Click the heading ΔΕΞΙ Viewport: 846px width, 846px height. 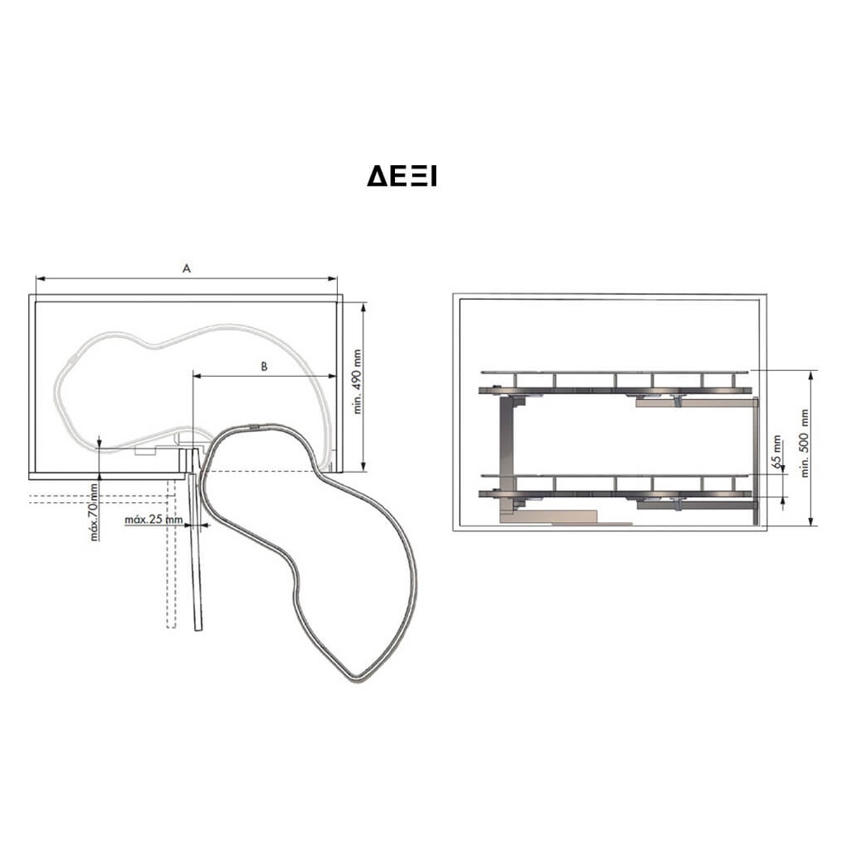pyautogui.click(x=402, y=177)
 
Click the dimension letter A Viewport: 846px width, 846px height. pyautogui.click(x=187, y=269)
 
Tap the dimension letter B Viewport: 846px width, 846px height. pyautogui.click(x=264, y=366)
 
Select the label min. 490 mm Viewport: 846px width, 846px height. pyautogui.click(x=357, y=382)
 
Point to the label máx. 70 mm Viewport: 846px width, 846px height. pyautogui.click(x=94, y=511)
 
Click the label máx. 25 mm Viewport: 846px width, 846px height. pyautogui.click(x=154, y=520)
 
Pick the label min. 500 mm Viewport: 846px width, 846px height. pyautogui.click(x=805, y=443)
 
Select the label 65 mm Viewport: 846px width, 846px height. pyautogui.click(x=777, y=452)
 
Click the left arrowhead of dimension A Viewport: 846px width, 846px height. pyautogui.click(x=40, y=278)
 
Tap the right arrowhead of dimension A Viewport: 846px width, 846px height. pyautogui.click(x=333, y=278)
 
